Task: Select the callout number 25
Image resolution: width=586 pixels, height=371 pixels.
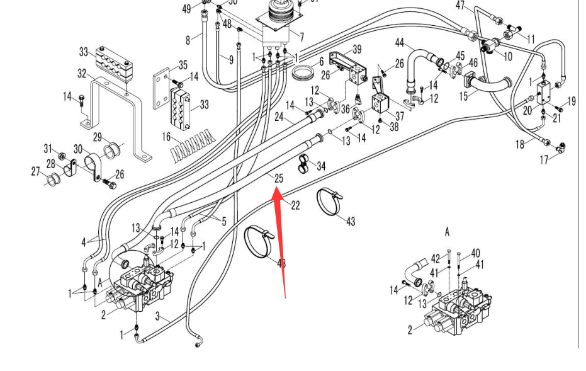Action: coord(278,179)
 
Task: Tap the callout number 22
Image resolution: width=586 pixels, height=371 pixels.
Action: coord(295,205)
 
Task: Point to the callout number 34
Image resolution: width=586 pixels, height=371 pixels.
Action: coord(321,166)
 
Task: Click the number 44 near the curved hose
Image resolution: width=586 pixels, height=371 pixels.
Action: coord(399,43)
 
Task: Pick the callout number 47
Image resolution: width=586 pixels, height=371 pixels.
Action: coord(460,6)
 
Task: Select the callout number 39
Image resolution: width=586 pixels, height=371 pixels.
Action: coord(357,50)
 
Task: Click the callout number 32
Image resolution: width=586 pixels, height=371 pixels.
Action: coord(82,74)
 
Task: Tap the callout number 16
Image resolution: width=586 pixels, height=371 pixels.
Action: coord(166,136)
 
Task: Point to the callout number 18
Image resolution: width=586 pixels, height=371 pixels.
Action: coord(520,145)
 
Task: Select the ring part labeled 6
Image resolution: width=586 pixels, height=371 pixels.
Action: coord(305,73)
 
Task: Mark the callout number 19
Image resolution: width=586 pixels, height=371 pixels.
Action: coord(572,101)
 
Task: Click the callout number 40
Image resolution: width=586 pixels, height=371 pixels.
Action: coord(475,253)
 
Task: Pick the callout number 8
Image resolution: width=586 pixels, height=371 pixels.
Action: coord(188,40)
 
